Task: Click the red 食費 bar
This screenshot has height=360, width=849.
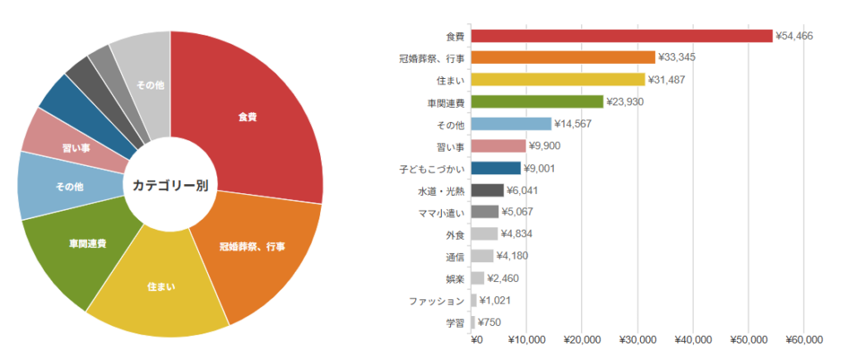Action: click(x=622, y=36)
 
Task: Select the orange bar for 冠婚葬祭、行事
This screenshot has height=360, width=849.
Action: click(x=563, y=57)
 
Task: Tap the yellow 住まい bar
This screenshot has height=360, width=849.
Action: click(x=558, y=80)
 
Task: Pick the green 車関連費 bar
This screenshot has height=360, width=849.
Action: click(x=536, y=102)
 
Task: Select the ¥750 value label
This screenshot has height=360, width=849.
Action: click(x=490, y=323)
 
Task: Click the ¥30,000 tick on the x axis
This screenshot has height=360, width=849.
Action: click(x=638, y=340)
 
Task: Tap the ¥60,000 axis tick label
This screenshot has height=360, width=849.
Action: click(x=803, y=340)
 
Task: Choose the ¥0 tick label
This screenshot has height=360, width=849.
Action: click(x=476, y=340)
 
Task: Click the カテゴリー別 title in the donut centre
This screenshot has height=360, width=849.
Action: click(x=170, y=185)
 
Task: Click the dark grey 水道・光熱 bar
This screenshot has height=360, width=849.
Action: click(x=487, y=191)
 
